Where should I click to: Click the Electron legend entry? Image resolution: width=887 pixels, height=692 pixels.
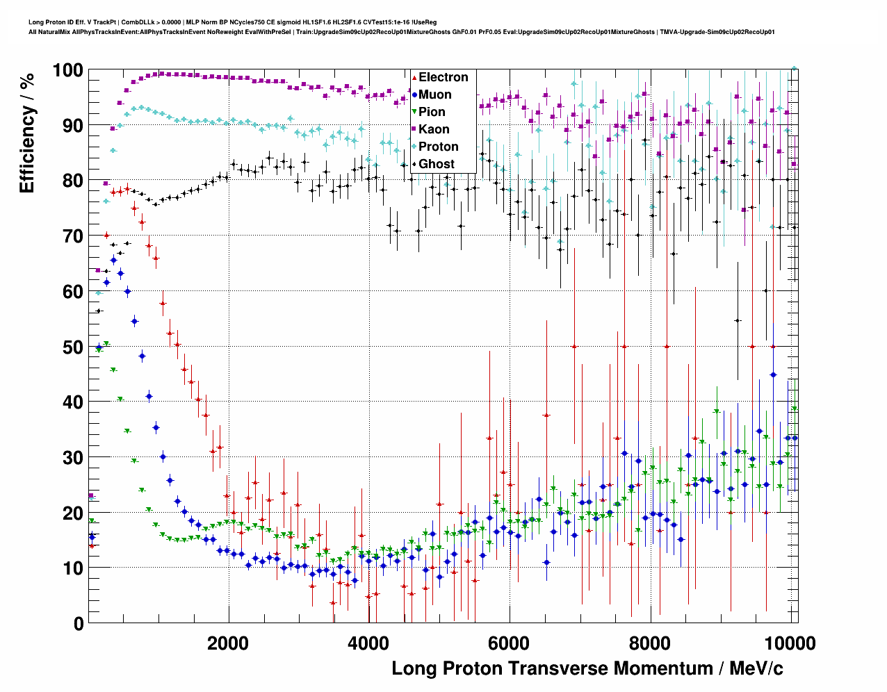443,77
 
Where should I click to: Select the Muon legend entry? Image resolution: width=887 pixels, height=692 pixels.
434,94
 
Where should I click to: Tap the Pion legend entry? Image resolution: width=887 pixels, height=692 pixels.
432,112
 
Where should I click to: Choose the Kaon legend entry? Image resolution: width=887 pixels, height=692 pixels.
434,129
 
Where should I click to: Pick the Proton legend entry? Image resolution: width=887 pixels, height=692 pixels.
438,147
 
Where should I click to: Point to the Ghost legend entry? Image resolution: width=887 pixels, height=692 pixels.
436,164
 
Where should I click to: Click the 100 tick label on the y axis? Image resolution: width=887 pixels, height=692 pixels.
67,70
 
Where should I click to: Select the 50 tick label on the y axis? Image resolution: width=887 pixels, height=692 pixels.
72,347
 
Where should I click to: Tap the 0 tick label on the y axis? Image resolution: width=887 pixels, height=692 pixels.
78,623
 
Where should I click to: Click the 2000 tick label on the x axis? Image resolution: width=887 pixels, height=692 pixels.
228,643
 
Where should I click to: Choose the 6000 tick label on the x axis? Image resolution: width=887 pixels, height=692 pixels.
510,643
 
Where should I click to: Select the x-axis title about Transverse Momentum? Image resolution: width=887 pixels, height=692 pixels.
587,668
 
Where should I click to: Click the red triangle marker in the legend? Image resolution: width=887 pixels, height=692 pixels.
414,77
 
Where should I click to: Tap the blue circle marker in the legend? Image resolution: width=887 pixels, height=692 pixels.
414,94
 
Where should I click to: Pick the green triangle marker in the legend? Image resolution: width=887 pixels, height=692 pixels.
414,112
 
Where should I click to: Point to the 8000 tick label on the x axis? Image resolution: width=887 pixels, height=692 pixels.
650,643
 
